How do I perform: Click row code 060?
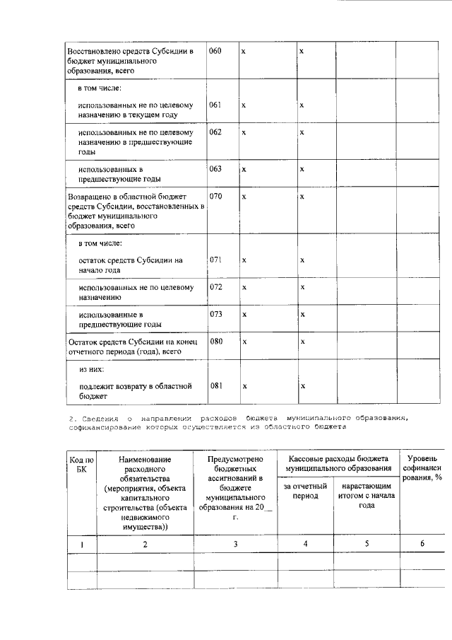click(215, 52)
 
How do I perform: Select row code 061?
click(215, 105)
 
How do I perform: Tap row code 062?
click(215, 132)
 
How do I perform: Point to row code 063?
click(215, 169)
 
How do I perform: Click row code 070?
click(215, 196)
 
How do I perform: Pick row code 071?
click(215, 260)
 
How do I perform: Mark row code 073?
click(215, 313)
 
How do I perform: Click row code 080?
click(215, 341)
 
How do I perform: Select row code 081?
click(215, 385)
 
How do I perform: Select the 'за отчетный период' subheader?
click(305, 491)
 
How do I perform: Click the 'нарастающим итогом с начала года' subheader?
click(367, 496)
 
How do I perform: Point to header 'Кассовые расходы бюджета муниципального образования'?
click(338, 463)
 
